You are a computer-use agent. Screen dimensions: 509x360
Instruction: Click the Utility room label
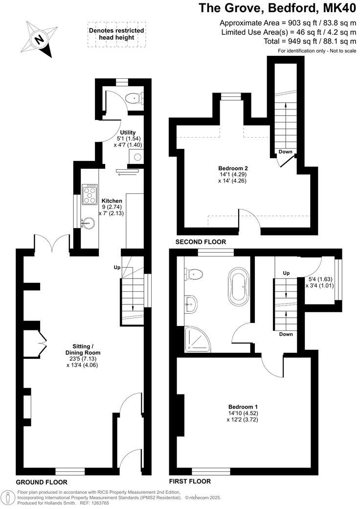128,133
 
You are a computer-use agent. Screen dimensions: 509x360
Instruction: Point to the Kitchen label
112,201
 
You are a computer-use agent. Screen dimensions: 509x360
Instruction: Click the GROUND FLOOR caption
41,482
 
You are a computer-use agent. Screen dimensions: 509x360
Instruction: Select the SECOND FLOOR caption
201,242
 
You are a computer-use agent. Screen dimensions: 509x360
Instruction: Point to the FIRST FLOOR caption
189,482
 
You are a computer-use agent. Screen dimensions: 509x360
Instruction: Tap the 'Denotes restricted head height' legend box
116,34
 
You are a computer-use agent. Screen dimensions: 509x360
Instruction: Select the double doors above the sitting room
51,241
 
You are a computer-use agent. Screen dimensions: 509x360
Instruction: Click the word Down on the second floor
285,152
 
